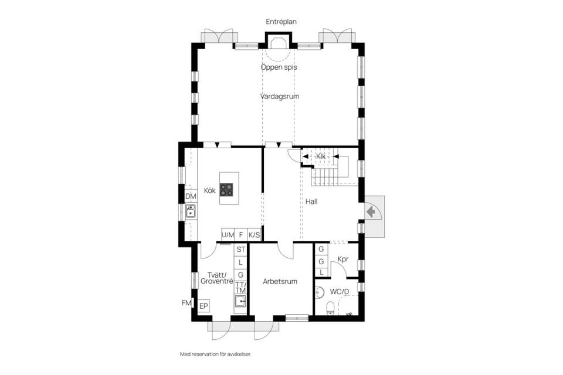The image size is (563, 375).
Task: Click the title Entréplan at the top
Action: pyautogui.click(x=281, y=22)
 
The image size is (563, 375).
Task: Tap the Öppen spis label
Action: pyautogui.click(x=279, y=67)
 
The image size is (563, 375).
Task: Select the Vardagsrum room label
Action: pyautogui.click(x=280, y=96)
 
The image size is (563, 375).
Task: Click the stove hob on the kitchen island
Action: pyautogui.click(x=226, y=189)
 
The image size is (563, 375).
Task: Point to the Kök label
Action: pyautogui.click(x=209, y=190)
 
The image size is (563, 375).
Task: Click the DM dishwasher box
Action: pyautogui.click(x=191, y=196)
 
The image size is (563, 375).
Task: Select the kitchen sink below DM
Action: pyautogui.click(x=191, y=211)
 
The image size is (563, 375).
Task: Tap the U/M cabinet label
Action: pyautogui.click(x=228, y=235)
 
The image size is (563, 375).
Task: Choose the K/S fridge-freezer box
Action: pyautogui.click(x=254, y=235)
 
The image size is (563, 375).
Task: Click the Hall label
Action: pyautogui.click(x=311, y=201)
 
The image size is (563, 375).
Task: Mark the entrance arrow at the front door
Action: pyautogui.click(x=371, y=210)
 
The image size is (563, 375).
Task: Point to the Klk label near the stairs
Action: pyautogui.click(x=320, y=156)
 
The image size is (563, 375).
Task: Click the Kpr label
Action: pyautogui.click(x=343, y=260)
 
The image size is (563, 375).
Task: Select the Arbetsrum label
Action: pyautogui.click(x=280, y=281)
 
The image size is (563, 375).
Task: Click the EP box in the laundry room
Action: pyautogui.click(x=204, y=306)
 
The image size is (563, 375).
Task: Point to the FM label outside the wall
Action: pyautogui.click(x=186, y=303)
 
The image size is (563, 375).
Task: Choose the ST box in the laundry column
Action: pyautogui.click(x=240, y=249)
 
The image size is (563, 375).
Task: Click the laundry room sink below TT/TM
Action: pyautogui.click(x=240, y=301)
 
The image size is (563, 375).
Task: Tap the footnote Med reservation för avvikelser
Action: pyautogui.click(x=219, y=354)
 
